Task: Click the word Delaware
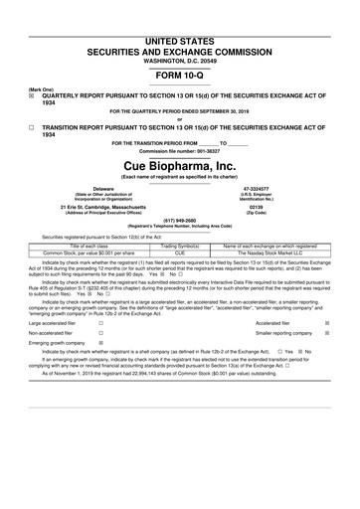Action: click(x=102, y=187)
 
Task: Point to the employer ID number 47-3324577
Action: click(x=257, y=187)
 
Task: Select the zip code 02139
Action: click(x=257, y=208)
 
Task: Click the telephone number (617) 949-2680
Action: click(x=180, y=224)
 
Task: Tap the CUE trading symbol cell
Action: click(x=180, y=253)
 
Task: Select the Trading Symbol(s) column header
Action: click(x=180, y=246)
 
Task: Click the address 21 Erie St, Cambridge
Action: click(x=102, y=208)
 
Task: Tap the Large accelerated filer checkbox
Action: click(x=99, y=323)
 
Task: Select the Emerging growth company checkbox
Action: click(x=99, y=348)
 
